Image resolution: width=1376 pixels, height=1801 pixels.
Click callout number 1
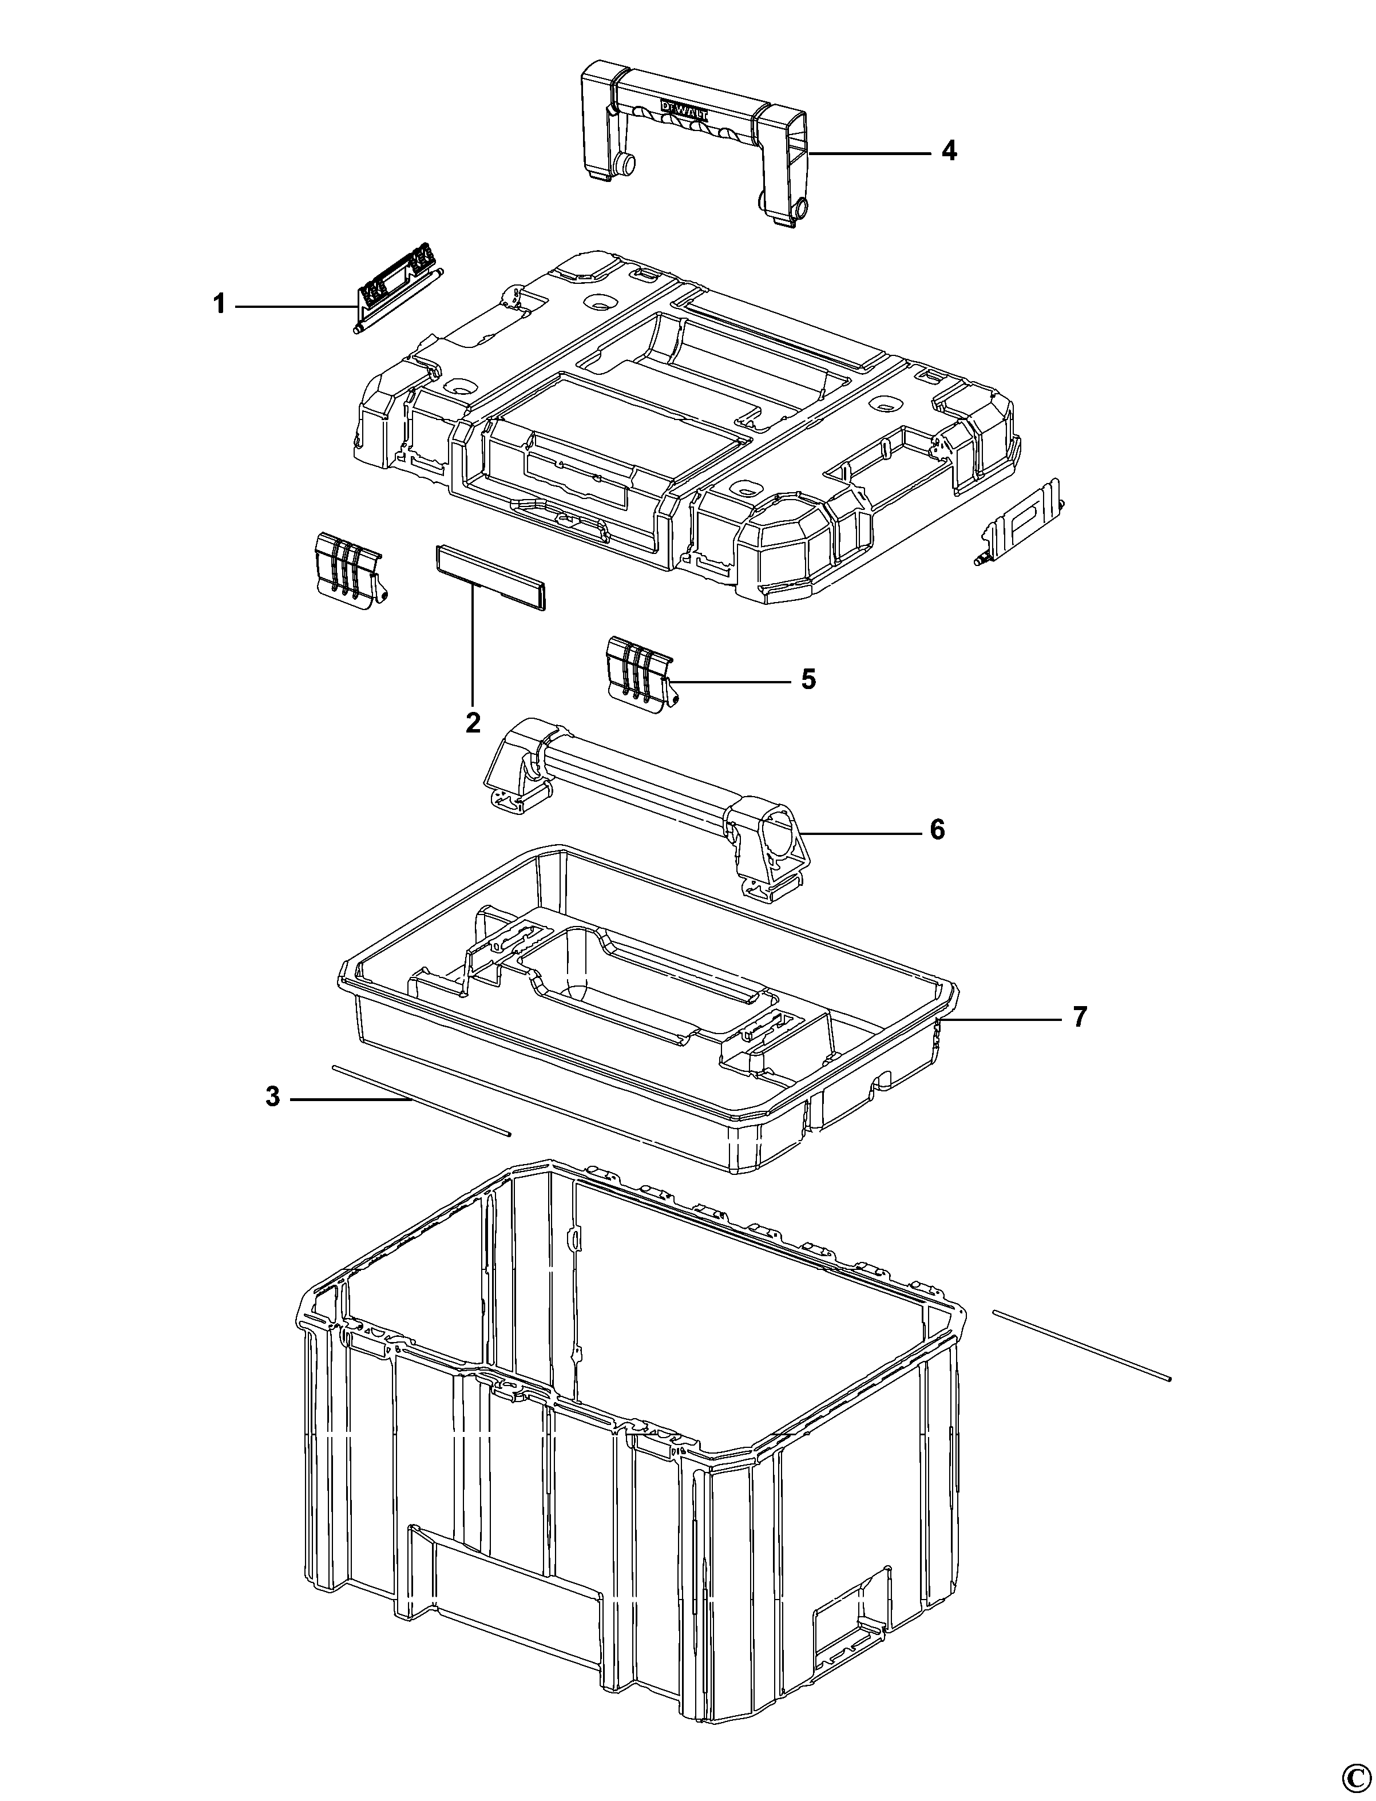219,306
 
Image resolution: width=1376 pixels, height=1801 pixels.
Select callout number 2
473,723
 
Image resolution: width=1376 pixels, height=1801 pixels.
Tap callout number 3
273,1097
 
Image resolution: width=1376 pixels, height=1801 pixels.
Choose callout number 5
808,679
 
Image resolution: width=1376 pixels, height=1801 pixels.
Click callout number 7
1080,1018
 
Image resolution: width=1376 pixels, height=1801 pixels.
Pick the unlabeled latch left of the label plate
348,572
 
